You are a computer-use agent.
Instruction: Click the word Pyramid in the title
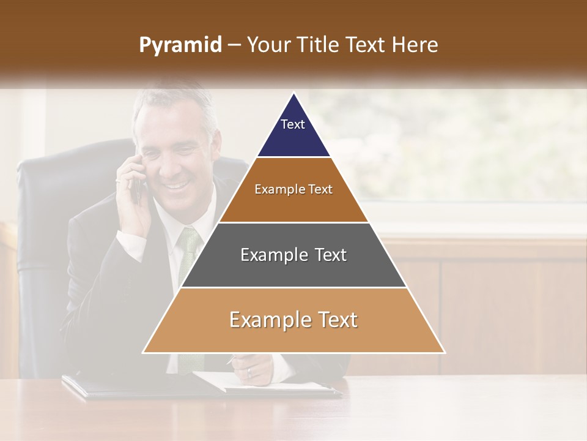[x=180, y=45]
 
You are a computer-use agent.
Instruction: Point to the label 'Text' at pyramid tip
[x=292, y=124]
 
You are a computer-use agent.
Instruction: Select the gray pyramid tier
[x=293, y=255]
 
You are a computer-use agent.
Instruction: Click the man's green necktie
[x=188, y=251]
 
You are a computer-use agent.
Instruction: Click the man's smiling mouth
[x=176, y=183]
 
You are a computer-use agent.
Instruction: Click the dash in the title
[x=234, y=45]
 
